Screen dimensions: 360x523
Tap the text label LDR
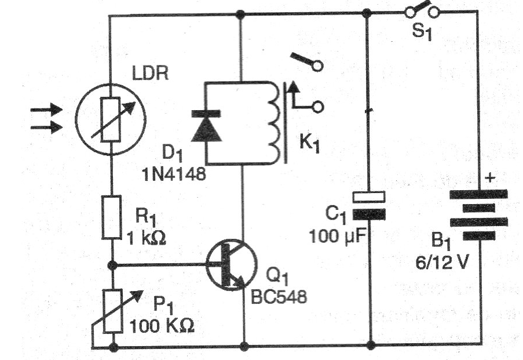click(148, 76)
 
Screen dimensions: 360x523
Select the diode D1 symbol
click(207, 126)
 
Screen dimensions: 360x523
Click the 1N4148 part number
click(171, 173)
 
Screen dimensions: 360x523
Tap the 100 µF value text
click(339, 238)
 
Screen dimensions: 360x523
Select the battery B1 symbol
click(478, 214)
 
